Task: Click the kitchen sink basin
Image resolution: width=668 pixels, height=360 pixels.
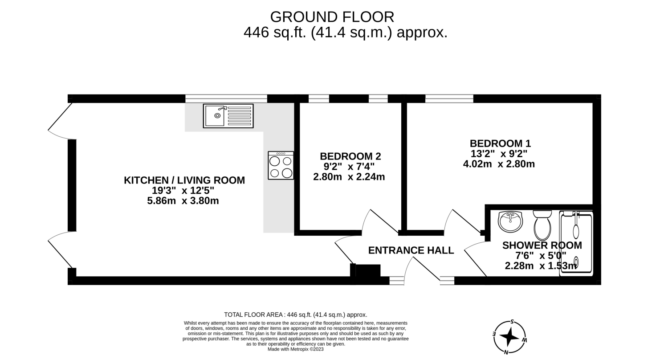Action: (215, 116)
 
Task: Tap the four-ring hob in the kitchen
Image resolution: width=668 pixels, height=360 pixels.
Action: (281, 166)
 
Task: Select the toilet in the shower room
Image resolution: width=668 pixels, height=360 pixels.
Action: (542, 225)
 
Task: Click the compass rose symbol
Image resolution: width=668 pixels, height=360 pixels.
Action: (509, 337)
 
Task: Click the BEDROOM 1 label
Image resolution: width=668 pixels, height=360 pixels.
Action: (500, 143)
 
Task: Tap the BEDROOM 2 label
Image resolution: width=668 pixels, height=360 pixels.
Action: (350, 156)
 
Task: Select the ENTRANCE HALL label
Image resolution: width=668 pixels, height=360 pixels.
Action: (411, 250)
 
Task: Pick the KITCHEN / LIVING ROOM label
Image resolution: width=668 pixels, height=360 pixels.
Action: (184, 180)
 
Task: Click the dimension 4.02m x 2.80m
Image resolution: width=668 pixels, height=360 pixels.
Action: (499, 164)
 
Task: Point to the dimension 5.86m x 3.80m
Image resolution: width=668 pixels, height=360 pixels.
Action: (183, 201)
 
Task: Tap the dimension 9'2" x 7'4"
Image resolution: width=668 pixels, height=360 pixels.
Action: (349, 167)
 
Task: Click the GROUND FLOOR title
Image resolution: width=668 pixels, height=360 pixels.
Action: (332, 17)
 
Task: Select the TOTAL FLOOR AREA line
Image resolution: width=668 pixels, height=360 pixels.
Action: (296, 315)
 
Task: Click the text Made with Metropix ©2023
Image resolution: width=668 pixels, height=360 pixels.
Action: (296, 349)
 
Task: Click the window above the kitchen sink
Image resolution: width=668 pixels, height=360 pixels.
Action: (226, 98)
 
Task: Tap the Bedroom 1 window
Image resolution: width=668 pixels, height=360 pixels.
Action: (449, 98)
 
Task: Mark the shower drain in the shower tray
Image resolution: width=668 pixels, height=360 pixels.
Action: (576, 262)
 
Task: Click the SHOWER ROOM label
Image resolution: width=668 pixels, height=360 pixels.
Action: (542, 245)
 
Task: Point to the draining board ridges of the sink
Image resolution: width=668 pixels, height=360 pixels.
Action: (240, 116)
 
